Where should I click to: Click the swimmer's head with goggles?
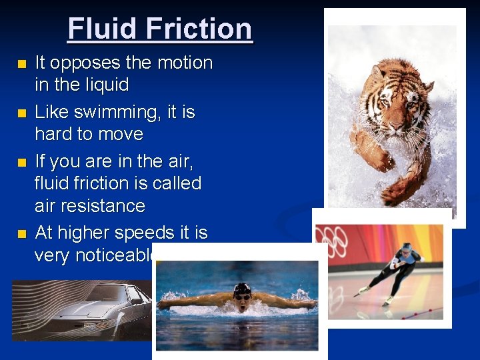click(x=241, y=293)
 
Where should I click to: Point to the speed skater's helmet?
click(x=406, y=248)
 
